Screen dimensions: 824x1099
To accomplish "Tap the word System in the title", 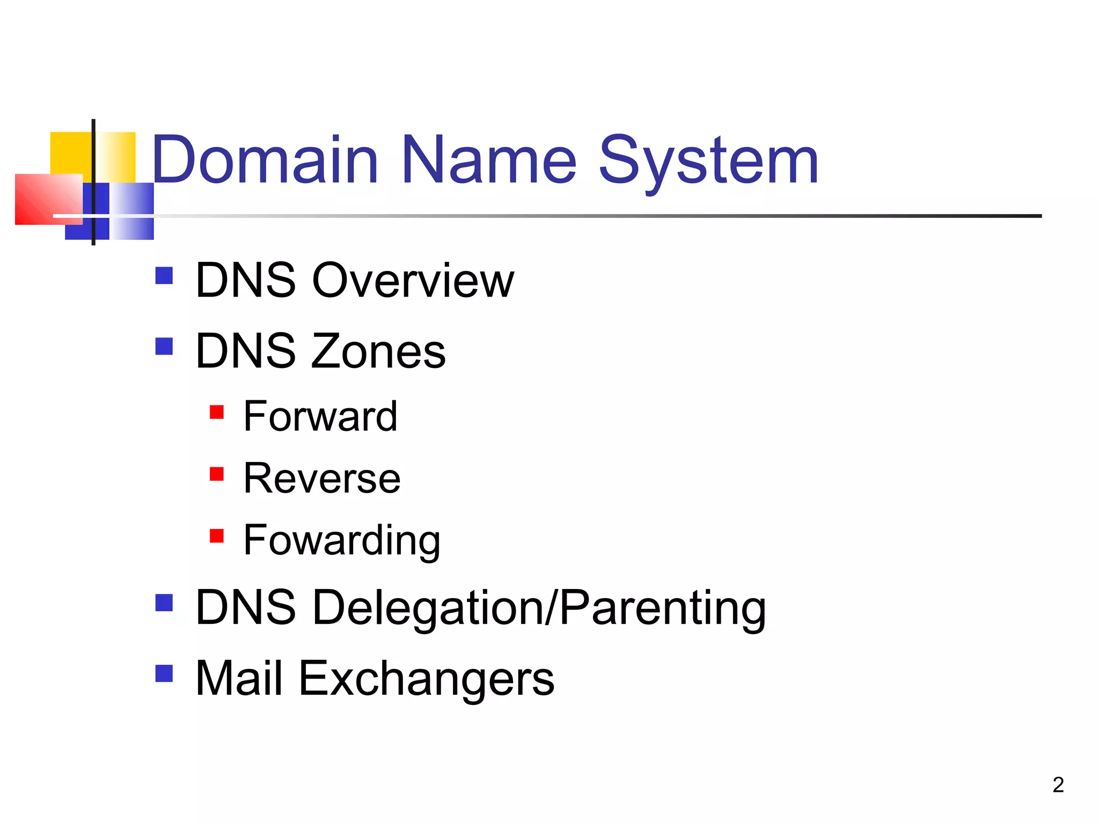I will pyautogui.click(x=708, y=161).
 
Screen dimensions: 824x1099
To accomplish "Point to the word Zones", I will pyautogui.click(x=378, y=351).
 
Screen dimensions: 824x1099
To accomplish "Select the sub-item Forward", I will pyautogui.click(x=320, y=416).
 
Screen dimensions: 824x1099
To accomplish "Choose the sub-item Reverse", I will pyautogui.click(x=322, y=478).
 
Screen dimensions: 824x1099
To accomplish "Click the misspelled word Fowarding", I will pyautogui.click(x=342, y=540).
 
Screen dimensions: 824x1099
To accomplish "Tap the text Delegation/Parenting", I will pyautogui.click(x=539, y=608).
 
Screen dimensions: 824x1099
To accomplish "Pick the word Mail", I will pyautogui.click(x=239, y=679).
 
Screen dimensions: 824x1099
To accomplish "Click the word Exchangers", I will pyautogui.click(x=427, y=679).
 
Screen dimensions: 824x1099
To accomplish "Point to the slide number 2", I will pyautogui.click(x=1058, y=785).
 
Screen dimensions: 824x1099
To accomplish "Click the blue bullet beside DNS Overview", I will pyautogui.click(x=164, y=276).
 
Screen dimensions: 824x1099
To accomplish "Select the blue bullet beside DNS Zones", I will pyautogui.click(x=164, y=346).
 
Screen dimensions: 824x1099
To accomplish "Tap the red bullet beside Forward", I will pyautogui.click(x=217, y=412).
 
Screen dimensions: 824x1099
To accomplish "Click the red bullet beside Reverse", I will pyautogui.click(x=217, y=474).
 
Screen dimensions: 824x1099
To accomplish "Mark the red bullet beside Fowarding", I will pyautogui.click(x=217, y=536).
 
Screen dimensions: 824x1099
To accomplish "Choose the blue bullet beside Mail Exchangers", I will pyautogui.click(x=164, y=673).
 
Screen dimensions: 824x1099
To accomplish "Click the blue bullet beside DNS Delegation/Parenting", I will pyautogui.click(x=164, y=602).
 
